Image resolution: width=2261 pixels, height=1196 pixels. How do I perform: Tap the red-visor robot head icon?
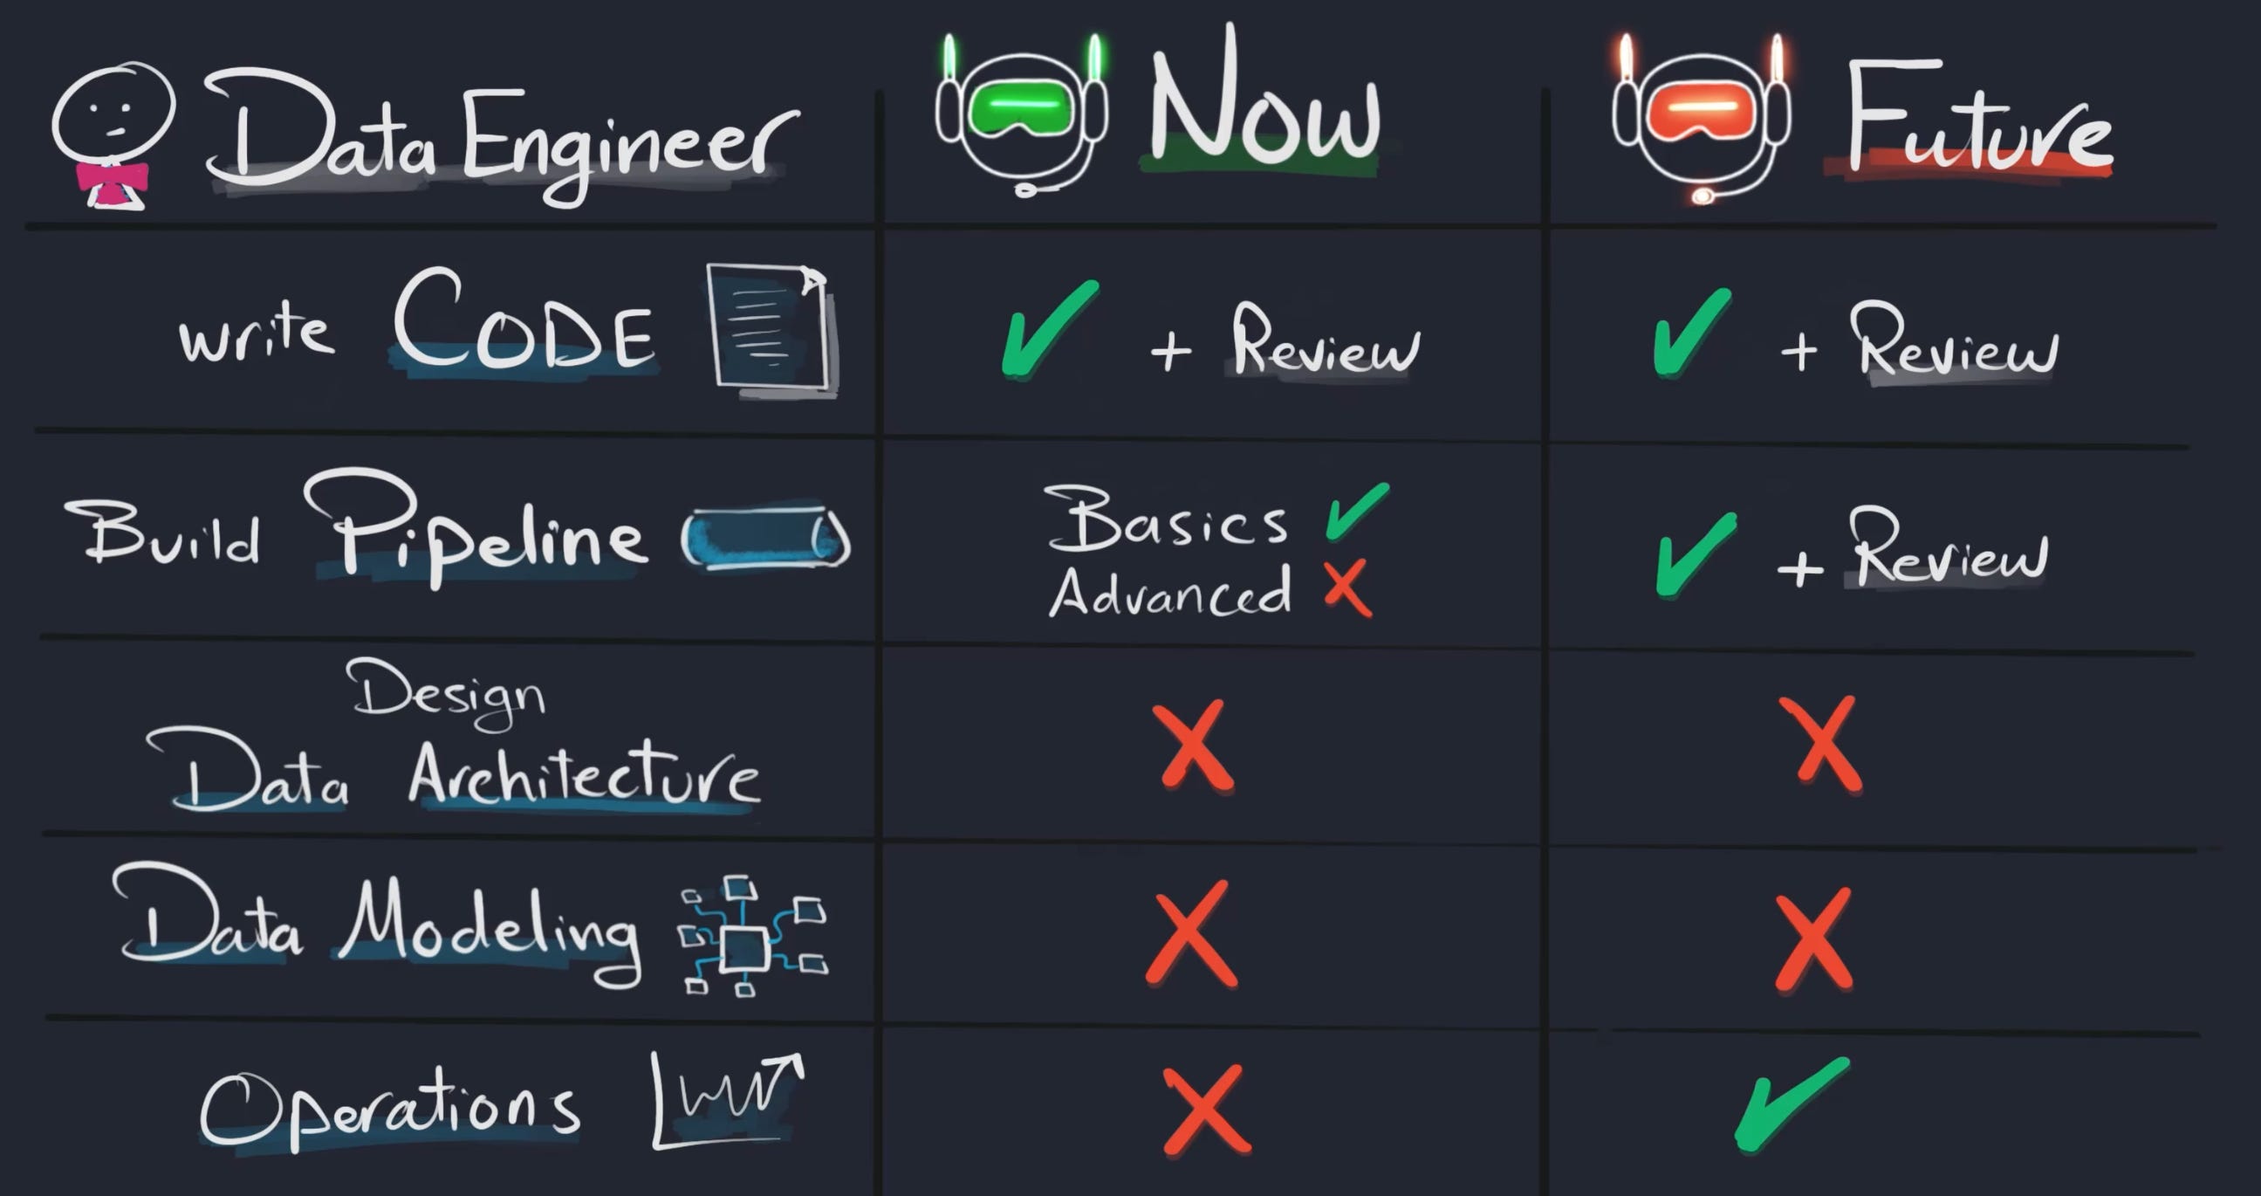coord(1700,119)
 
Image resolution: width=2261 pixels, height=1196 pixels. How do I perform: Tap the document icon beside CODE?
coord(769,326)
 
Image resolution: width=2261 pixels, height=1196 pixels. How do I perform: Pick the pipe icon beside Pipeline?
coord(765,537)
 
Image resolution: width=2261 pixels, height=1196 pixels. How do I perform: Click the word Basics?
coord(1166,519)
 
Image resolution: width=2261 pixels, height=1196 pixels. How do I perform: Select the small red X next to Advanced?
coord(1347,588)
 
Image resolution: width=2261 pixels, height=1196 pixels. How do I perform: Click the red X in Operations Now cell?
coord(1205,1110)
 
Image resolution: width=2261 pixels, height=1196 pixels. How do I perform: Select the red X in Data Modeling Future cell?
coord(1813,939)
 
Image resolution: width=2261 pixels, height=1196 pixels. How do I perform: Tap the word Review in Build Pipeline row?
coord(1949,550)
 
